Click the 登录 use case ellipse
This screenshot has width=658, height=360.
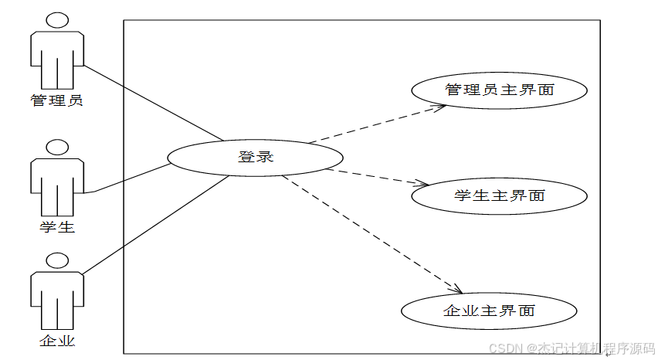pos(255,158)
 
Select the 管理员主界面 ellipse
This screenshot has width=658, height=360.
pos(499,90)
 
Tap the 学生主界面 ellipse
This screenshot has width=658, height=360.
pos(499,195)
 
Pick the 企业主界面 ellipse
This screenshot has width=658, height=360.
pos(489,311)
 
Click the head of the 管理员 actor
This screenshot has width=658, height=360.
pos(57,20)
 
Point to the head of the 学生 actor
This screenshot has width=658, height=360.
pos(57,148)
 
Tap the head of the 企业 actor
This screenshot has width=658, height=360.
pos(57,260)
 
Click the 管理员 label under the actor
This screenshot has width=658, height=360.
pos(57,100)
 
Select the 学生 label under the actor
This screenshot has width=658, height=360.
pos(57,227)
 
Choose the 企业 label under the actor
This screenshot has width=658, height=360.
pos(57,340)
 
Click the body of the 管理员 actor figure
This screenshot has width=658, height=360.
pos(57,59)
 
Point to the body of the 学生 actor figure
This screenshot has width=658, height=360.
pos(57,185)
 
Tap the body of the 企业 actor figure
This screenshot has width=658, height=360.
pos(57,298)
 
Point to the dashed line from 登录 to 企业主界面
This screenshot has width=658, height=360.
pos(371,233)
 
